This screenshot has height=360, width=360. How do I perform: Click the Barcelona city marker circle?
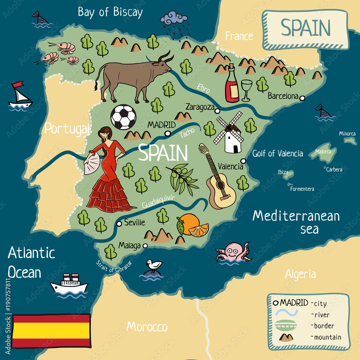(x=302, y=98)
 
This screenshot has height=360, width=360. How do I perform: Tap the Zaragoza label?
(x=199, y=107)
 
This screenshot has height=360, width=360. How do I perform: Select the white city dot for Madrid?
(x=167, y=134)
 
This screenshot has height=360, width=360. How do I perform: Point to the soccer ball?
(x=123, y=117)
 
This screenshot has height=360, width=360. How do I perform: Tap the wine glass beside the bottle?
(x=247, y=89)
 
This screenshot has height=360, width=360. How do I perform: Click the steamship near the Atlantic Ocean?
(x=69, y=284)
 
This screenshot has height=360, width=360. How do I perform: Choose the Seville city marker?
(x=119, y=224)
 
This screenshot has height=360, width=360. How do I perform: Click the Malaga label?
(x=129, y=246)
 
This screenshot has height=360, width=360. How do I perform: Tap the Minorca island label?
(x=347, y=134)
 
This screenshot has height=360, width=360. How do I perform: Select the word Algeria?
(x=300, y=274)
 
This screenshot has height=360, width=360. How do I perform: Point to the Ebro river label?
(x=203, y=89)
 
